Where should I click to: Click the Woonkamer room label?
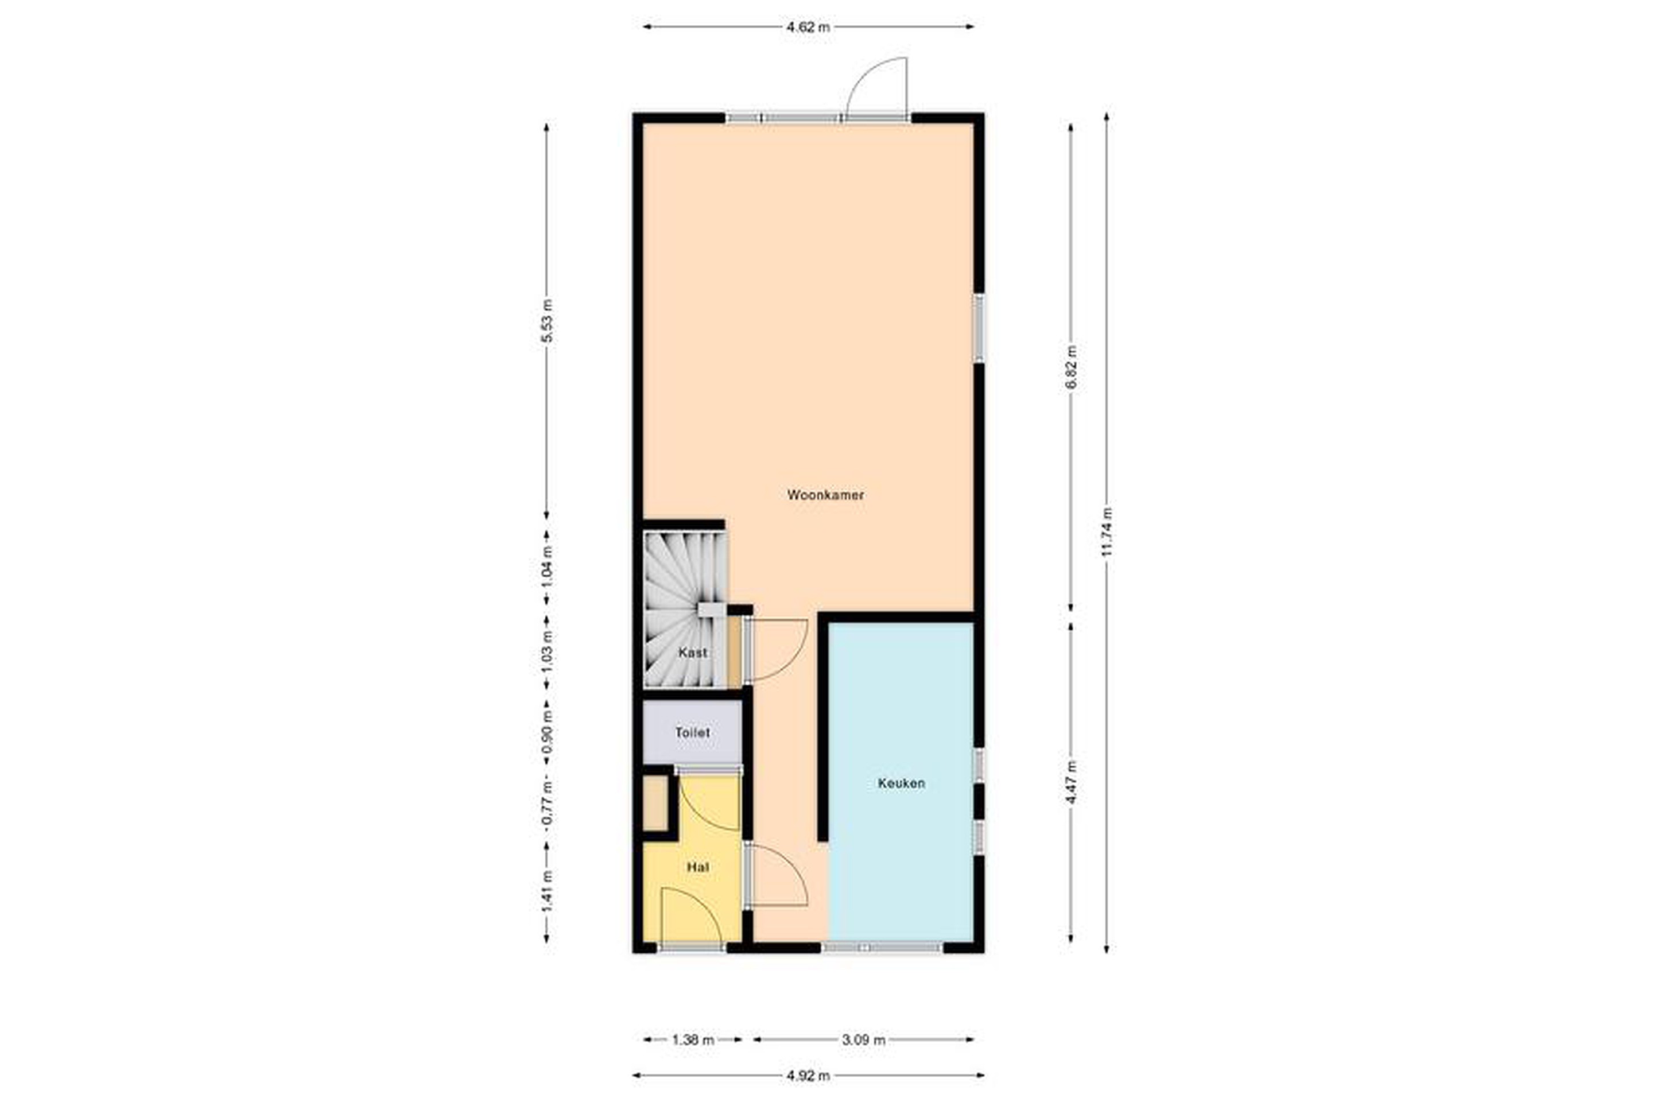coord(825,495)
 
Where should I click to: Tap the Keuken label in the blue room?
coord(901,783)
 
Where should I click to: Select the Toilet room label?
coord(692,732)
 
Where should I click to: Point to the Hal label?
coord(698,867)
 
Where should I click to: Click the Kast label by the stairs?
coord(693,652)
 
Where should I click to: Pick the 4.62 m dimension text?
coord(808,28)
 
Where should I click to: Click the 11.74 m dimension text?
coord(1107,532)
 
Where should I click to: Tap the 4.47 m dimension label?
coord(1070,783)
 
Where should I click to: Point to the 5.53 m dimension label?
coord(547,320)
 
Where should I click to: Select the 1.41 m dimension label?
coord(547,893)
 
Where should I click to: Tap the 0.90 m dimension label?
coord(547,732)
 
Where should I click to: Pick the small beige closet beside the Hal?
coord(655,804)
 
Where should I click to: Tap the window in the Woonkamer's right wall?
coord(978,328)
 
